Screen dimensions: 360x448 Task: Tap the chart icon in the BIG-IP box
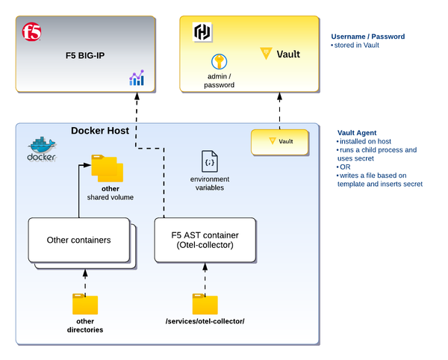click(136, 78)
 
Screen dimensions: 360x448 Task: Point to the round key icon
click(219, 61)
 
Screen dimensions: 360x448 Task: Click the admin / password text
click(219, 80)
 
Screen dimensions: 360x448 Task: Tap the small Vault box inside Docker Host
click(279, 141)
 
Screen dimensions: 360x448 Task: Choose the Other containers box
click(79, 240)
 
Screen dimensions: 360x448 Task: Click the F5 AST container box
click(205, 240)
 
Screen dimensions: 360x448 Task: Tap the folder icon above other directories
click(84, 304)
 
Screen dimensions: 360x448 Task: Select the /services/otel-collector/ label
click(205, 321)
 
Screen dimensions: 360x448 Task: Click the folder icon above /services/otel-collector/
click(205, 304)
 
